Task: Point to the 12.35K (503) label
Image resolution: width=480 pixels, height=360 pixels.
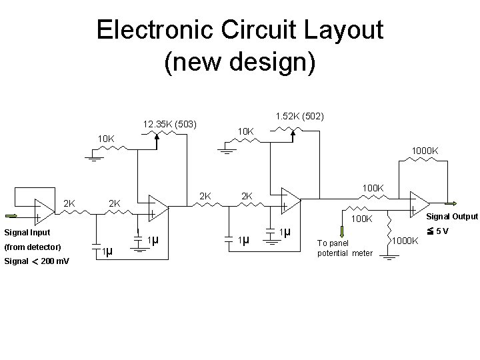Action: tap(171, 123)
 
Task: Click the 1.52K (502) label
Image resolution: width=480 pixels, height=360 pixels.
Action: tap(299, 116)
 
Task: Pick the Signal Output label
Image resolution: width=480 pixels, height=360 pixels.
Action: tap(452, 216)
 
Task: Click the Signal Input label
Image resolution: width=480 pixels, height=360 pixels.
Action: tap(27, 233)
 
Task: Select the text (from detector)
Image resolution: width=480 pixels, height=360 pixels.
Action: tap(32, 247)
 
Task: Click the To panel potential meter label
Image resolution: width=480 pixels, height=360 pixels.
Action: tap(345, 248)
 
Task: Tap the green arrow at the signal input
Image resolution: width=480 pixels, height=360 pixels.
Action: tap(13, 215)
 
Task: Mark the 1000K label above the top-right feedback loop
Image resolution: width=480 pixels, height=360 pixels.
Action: tap(425, 151)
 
